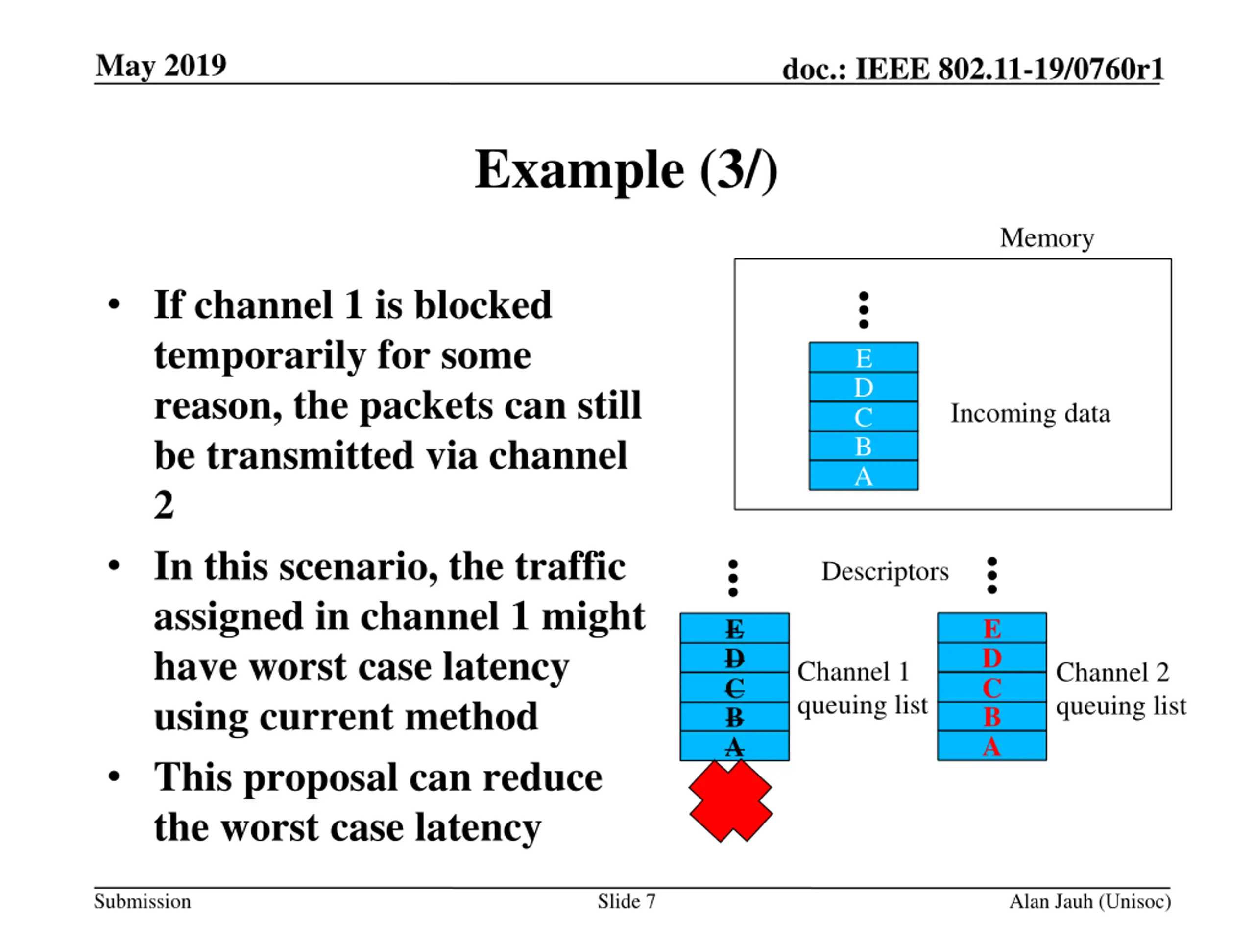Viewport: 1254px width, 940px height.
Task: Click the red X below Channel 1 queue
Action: [731, 800]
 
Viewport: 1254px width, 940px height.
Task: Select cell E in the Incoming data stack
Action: [864, 357]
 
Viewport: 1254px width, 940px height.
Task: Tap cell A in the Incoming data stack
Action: [864, 475]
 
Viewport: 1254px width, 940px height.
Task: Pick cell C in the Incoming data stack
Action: [864, 417]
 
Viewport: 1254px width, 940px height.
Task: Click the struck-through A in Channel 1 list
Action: [734, 746]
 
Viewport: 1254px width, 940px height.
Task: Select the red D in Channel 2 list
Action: [992, 658]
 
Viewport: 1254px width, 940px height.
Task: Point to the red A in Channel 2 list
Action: [991, 746]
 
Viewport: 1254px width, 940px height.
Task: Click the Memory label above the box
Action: [1046, 238]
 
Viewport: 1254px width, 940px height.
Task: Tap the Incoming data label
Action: [1030, 413]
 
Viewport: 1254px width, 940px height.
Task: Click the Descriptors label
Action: [885, 571]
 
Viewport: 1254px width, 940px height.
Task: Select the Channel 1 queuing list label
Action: [862, 688]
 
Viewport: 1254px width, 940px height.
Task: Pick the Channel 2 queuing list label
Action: [1121, 689]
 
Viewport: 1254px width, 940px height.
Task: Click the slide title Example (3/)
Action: [626, 170]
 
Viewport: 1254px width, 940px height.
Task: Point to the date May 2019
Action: [161, 66]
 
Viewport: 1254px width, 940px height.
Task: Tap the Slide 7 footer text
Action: [627, 901]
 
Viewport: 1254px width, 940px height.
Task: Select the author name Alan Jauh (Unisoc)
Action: [1089, 901]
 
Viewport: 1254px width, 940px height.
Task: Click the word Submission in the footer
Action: [142, 901]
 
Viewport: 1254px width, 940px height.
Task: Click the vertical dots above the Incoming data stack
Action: [864, 310]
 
